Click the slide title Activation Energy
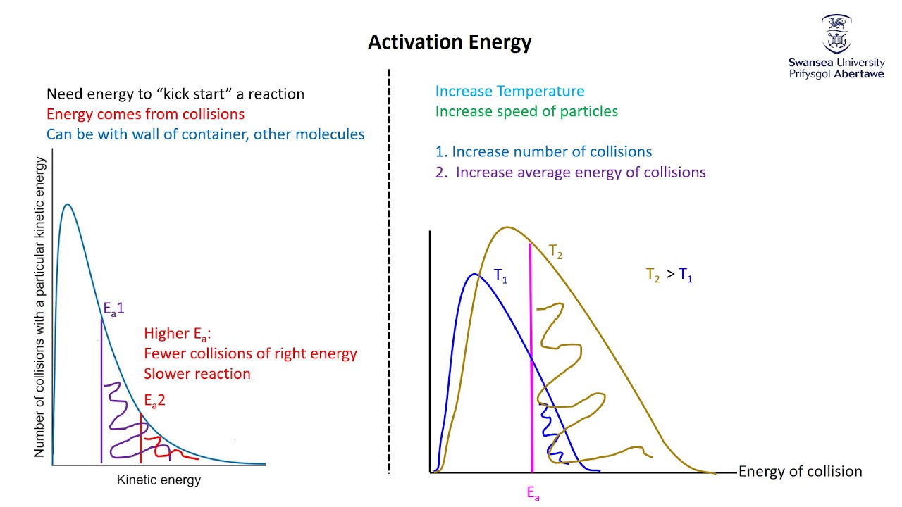[x=450, y=43]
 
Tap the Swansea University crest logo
[x=836, y=35]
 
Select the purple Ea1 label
[x=114, y=308]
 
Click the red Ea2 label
[x=154, y=401]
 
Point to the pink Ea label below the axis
[x=533, y=494]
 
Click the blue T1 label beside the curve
[x=500, y=276]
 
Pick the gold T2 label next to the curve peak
[x=556, y=251]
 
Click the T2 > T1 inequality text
[x=669, y=275]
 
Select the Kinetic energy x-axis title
[x=159, y=480]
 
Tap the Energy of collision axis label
[x=800, y=472]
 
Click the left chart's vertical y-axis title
[x=39, y=308]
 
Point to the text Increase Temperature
[x=509, y=92]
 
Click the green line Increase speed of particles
[x=526, y=111]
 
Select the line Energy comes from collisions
[x=145, y=114]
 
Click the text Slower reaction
[x=197, y=374]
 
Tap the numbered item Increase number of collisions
[x=543, y=152]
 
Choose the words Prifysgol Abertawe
[x=836, y=74]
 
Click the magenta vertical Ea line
[x=531, y=352]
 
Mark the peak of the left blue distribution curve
[x=67, y=205]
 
